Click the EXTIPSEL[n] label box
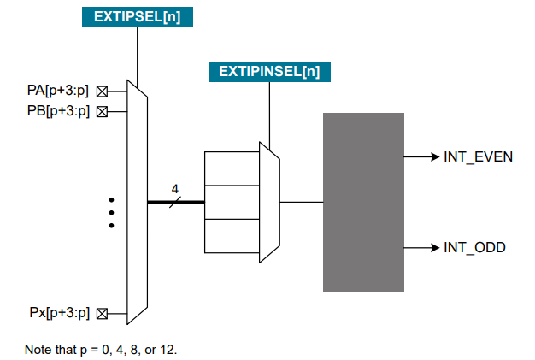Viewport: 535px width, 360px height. coord(138,15)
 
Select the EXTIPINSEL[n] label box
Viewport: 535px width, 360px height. coord(269,71)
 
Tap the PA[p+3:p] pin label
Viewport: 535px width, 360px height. coord(58,90)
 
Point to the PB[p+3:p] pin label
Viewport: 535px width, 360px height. coord(58,110)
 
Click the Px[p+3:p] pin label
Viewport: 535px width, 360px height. coord(58,313)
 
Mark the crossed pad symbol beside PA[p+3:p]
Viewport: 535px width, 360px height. coord(102,90)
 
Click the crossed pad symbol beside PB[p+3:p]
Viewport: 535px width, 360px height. coord(102,111)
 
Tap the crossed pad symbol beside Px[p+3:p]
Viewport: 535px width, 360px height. coord(102,314)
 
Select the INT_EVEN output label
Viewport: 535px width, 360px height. coord(478,157)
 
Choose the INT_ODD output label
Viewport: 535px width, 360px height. coord(474,248)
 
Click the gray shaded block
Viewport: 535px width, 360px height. coord(363,202)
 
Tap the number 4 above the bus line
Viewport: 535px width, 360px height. coord(174,188)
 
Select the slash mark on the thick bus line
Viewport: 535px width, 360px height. coord(174,202)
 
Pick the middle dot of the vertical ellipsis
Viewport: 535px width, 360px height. coord(111,212)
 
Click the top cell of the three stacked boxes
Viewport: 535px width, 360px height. coord(232,168)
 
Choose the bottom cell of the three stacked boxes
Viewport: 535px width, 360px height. coord(232,235)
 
